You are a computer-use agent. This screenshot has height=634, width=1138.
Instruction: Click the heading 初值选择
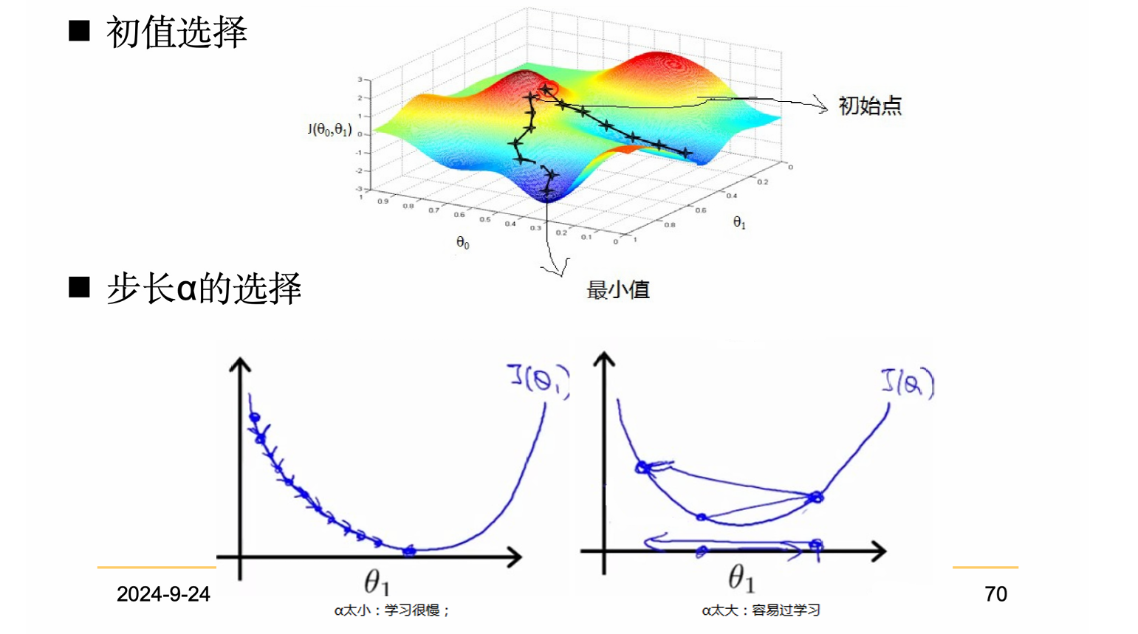(x=176, y=32)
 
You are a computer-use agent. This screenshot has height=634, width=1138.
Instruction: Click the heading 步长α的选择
(x=204, y=288)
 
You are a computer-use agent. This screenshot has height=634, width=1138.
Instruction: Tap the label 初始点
(x=870, y=106)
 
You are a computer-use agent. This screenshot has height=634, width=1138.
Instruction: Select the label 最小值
(x=618, y=290)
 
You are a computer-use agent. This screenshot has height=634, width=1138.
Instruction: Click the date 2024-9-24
(x=163, y=594)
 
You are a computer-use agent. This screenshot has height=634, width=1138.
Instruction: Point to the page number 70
(x=995, y=594)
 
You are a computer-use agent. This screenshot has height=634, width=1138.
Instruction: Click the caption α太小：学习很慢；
(x=391, y=610)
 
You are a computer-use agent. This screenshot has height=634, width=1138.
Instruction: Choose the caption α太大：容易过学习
(x=761, y=610)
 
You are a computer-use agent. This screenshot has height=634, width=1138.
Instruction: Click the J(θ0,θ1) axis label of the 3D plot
(x=329, y=130)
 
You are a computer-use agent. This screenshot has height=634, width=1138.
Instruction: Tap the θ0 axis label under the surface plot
(x=463, y=243)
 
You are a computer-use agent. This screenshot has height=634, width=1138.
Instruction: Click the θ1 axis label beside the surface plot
(x=739, y=222)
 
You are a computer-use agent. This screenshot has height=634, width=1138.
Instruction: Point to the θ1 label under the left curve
(x=377, y=582)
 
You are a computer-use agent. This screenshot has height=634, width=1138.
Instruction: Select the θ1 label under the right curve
(x=741, y=578)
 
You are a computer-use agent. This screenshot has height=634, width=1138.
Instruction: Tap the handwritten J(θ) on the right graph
(x=908, y=382)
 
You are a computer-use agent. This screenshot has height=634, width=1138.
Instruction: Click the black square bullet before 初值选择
(x=79, y=31)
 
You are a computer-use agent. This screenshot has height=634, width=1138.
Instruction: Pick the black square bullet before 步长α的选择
(x=79, y=286)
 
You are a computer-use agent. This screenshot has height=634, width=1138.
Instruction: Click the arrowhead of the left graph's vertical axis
(x=240, y=364)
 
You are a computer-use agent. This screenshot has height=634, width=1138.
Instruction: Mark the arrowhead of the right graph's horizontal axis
(x=879, y=551)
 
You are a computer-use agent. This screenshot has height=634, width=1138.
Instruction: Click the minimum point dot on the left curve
(x=410, y=550)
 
